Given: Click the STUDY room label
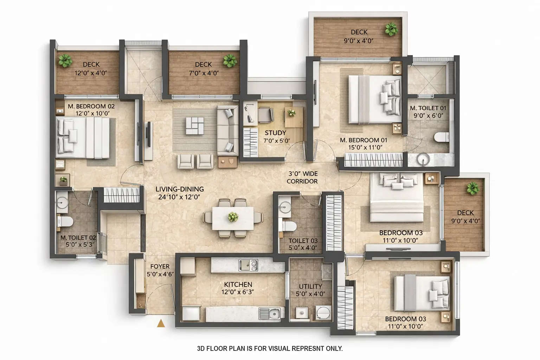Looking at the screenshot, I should (275, 133).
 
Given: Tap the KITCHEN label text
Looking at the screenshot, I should (238, 284).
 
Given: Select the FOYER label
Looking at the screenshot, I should (160, 266).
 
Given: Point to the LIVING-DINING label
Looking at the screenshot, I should (180, 189).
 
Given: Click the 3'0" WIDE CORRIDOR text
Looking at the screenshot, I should (302, 178).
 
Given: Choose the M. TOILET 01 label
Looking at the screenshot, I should (428, 108).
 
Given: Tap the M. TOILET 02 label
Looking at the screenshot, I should (78, 238).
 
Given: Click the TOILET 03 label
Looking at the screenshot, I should (303, 241).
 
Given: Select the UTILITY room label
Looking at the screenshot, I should (310, 287).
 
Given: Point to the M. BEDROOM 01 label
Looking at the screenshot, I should (364, 140).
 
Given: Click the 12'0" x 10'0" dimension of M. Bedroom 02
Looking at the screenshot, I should (92, 114).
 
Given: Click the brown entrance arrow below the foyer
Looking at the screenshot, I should (161, 323).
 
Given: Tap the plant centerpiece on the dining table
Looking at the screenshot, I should (232, 217).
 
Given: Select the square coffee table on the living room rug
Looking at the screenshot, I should (195, 126).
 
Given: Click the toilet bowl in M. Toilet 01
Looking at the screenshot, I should (442, 137).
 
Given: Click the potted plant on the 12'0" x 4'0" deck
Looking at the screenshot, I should (65, 60).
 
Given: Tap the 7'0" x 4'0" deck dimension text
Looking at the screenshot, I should (203, 73).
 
